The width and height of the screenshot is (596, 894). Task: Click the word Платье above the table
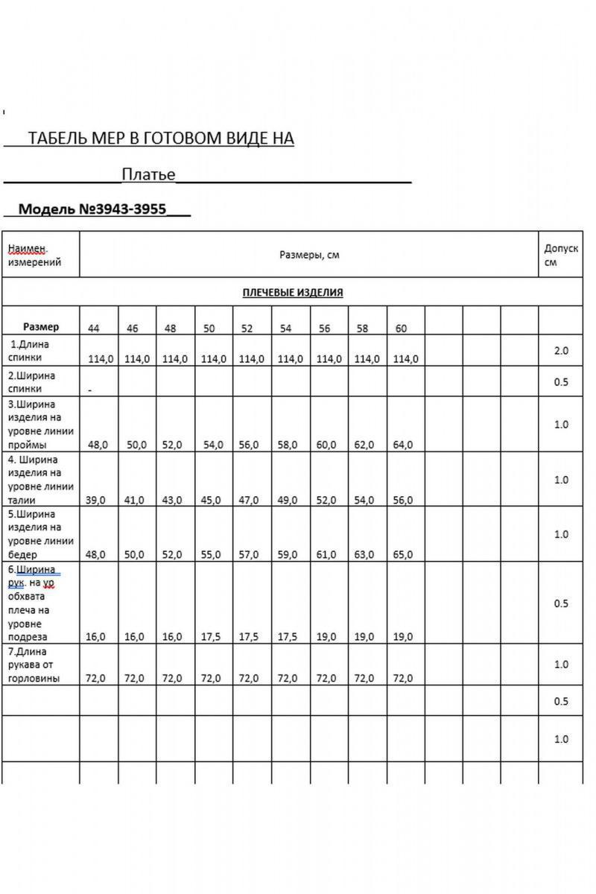pyautogui.click(x=148, y=174)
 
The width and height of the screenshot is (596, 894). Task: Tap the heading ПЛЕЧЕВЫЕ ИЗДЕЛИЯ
pyautogui.click(x=293, y=292)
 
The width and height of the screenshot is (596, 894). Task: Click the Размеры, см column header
pyautogui.click(x=309, y=255)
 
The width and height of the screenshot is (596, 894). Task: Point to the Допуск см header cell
pyautogui.click(x=561, y=255)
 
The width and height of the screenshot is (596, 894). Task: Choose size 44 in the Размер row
pyautogui.click(x=94, y=328)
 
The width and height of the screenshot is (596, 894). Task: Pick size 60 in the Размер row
pyautogui.click(x=402, y=328)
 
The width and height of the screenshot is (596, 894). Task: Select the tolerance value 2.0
pyautogui.click(x=561, y=350)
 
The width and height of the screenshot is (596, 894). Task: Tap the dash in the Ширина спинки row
pyautogui.click(x=90, y=390)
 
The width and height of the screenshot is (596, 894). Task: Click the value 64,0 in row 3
pyautogui.click(x=402, y=445)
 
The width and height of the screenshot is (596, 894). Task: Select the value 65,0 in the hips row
pyautogui.click(x=402, y=555)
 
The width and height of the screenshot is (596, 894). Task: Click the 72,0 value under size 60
pyautogui.click(x=402, y=679)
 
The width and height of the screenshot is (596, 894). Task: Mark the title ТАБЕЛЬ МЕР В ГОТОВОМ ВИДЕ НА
pyautogui.click(x=160, y=139)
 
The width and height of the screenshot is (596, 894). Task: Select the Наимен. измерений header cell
pyautogui.click(x=34, y=255)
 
